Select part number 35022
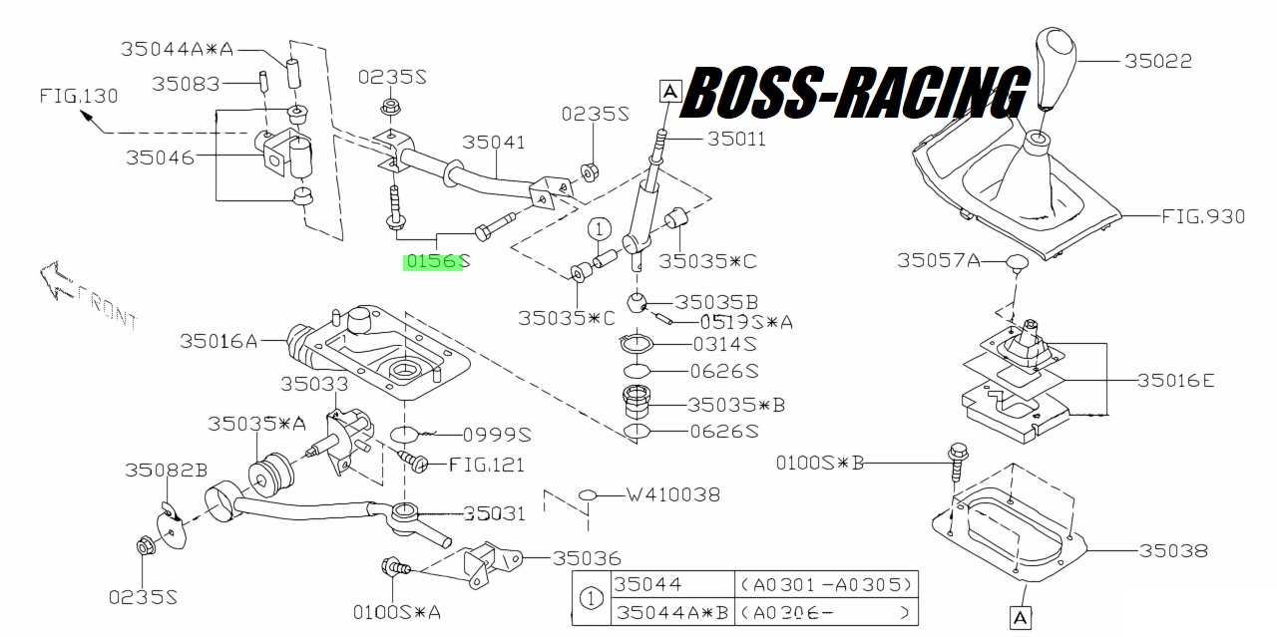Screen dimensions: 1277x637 pos(1158,61)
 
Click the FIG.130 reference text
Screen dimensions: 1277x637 pos(79,96)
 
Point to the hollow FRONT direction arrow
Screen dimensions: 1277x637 pos(56,279)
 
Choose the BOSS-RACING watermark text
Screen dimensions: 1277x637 pos(855,93)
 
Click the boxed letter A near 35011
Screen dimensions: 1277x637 pos(669,91)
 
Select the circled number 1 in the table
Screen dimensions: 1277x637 pos(591,598)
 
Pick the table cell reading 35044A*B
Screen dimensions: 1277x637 pos(672,612)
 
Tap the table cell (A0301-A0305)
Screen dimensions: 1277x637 pos(826,584)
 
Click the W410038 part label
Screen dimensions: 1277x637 pos(673,494)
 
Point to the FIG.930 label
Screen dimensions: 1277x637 pos(1203,216)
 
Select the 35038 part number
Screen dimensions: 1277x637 pos(1173,550)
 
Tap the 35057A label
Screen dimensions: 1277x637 pos(939,260)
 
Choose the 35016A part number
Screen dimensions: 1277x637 pos(218,341)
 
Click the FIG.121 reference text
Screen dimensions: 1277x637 pos(486,465)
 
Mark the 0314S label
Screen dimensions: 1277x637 pos(724,344)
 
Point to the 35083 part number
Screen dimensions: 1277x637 pos(186,85)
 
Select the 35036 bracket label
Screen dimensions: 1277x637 pos(587,558)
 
